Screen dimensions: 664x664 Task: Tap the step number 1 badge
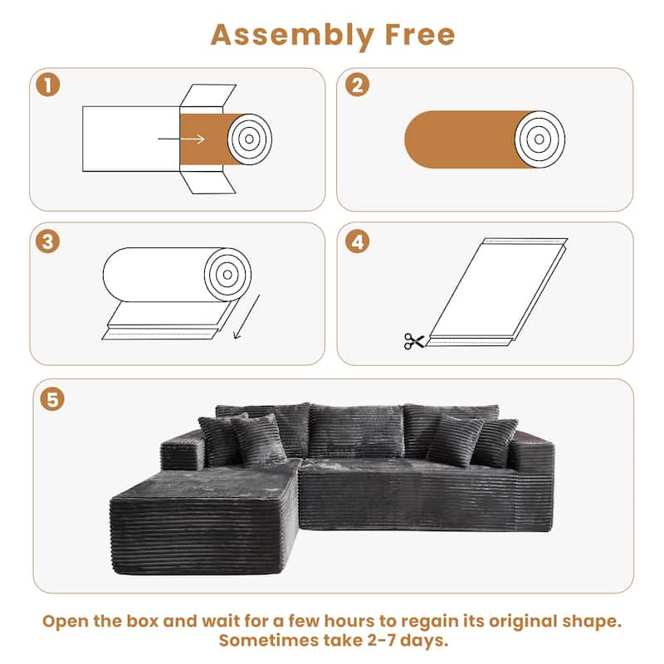click(x=48, y=84)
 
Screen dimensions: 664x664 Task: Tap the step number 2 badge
click(x=357, y=84)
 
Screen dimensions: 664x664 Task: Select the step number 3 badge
click(x=48, y=242)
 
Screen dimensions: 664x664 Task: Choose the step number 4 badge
click(x=357, y=242)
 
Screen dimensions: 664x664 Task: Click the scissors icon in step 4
click(x=413, y=340)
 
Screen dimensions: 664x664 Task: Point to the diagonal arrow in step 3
click(x=246, y=315)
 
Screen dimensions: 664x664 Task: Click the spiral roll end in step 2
click(x=539, y=137)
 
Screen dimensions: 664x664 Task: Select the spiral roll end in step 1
click(x=250, y=138)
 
